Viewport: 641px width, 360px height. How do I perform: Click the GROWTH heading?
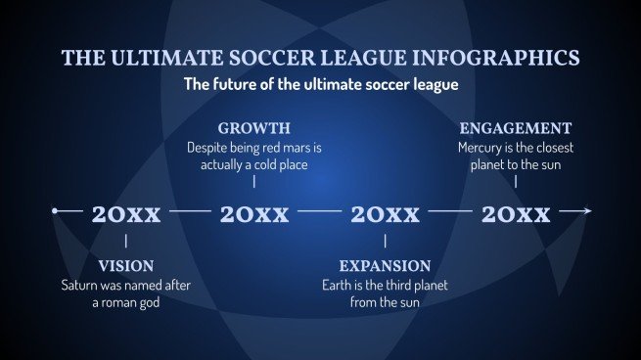click(253, 128)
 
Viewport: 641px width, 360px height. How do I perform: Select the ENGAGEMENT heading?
click(515, 128)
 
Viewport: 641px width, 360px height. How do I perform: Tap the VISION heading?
click(125, 266)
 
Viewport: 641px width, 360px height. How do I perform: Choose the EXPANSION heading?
click(385, 266)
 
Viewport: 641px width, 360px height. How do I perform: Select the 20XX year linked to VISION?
click(125, 214)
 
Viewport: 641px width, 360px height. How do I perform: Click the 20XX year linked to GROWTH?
click(254, 214)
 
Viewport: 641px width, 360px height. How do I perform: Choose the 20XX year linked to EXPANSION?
click(385, 214)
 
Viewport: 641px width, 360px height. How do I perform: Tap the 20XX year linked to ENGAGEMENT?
click(516, 214)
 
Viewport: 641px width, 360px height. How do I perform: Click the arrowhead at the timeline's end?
click(587, 210)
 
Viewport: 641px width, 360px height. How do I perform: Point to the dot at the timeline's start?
click(56, 210)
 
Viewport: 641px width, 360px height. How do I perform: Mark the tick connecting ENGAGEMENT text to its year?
click(516, 181)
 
